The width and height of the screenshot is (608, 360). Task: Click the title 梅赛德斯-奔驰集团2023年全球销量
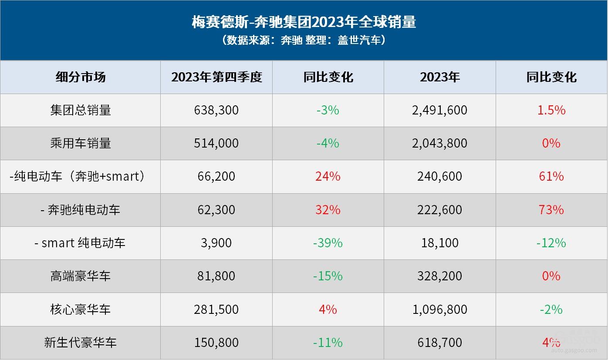pos(304,21)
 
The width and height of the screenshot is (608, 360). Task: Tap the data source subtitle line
pos(304,40)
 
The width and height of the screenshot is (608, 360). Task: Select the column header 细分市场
pos(81,77)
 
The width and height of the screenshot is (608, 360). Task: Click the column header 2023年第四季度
pos(216,77)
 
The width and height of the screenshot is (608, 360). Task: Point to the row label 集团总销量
pos(81,110)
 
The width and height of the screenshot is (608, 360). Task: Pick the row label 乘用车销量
pos(81,143)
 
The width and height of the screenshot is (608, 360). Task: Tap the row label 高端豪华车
pos(81,276)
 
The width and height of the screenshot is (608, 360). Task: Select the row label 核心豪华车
pos(81,309)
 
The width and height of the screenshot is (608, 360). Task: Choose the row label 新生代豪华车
pos(81,343)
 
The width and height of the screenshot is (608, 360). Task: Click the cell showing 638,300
pos(216,110)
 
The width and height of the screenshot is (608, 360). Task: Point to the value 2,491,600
pos(439,110)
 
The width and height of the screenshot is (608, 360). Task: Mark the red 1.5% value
pos(551,110)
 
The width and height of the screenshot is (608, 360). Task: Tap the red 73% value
pos(551,210)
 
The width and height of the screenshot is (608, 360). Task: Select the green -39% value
pos(328,243)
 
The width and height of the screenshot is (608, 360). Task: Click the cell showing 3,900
pos(216,243)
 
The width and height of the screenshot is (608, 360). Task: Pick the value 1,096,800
pos(439,309)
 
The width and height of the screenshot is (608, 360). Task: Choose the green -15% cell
pos(328,276)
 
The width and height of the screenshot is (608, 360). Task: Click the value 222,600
pos(439,210)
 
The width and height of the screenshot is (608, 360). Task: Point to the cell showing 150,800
pos(216,343)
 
